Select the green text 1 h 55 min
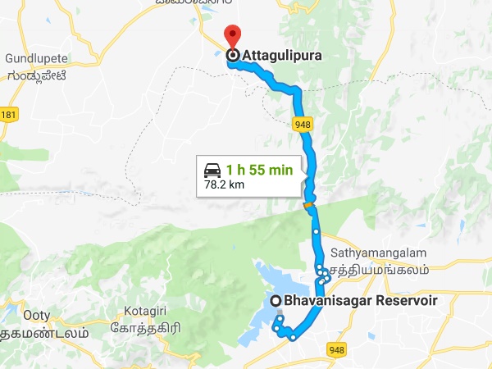point(259,170)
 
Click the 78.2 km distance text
point(226,185)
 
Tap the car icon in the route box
point(212,170)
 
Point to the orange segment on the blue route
point(308,206)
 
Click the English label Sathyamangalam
point(370,255)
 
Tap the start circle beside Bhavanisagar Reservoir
point(277,301)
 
